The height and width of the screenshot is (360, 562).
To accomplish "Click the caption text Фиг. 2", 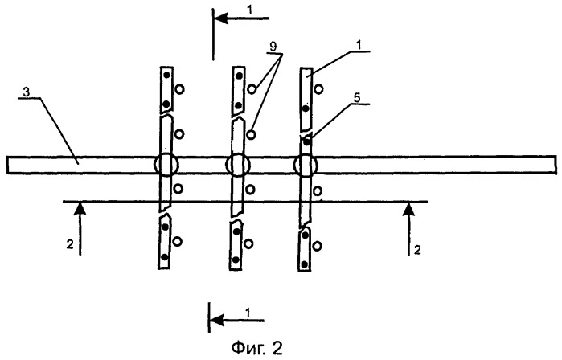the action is (257, 347).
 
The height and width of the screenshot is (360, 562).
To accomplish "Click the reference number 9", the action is (274, 47).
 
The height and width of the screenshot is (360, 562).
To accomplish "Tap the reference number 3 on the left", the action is (27, 92).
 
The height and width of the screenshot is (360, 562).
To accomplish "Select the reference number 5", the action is (357, 99).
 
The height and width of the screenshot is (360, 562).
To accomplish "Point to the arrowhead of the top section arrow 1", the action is (221, 18).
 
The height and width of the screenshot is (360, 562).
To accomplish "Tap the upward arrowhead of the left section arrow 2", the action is (80, 210).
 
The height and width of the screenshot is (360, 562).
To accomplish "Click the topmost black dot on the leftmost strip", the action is (166, 76).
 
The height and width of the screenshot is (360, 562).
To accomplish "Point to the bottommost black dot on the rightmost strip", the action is (304, 264).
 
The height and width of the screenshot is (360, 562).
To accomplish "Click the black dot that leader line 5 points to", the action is (307, 142).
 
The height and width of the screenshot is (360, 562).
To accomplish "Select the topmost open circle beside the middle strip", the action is (252, 89).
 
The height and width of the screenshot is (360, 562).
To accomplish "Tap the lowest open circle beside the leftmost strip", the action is (177, 242).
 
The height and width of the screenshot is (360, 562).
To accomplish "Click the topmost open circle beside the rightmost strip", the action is (318, 89).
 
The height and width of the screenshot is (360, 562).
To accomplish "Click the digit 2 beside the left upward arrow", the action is (70, 244).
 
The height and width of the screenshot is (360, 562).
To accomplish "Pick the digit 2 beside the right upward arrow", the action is (417, 250).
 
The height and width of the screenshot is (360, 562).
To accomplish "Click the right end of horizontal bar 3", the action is (556, 166).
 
